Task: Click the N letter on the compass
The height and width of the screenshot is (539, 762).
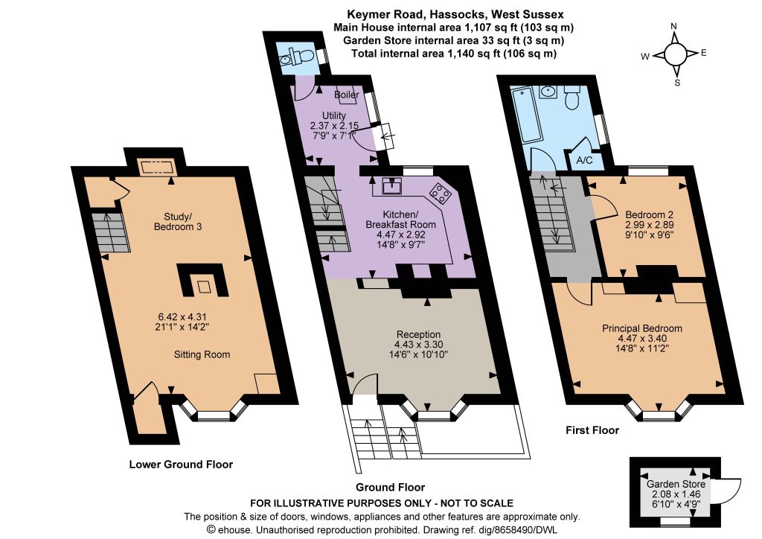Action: [673, 26]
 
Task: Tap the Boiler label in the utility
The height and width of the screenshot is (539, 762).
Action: [347, 95]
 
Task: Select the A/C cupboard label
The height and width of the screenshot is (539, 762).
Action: [584, 160]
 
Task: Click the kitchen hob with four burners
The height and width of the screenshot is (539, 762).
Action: [441, 193]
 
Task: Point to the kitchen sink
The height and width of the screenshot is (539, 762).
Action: [391, 185]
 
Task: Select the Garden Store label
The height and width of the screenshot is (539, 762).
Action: [676, 484]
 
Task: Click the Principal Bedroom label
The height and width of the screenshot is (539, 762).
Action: [642, 328]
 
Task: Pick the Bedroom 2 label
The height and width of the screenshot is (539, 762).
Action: [649, 215]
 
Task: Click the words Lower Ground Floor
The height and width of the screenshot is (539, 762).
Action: [181, 464]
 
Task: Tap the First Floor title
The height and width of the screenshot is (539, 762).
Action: [592, 430]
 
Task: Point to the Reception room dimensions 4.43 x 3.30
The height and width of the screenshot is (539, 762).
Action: [418, 345]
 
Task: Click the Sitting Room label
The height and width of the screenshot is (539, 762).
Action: [202, 355]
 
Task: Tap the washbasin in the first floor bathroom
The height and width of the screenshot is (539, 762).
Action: [548, 90]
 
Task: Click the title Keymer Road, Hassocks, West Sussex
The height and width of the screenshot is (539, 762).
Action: [455, 15]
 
